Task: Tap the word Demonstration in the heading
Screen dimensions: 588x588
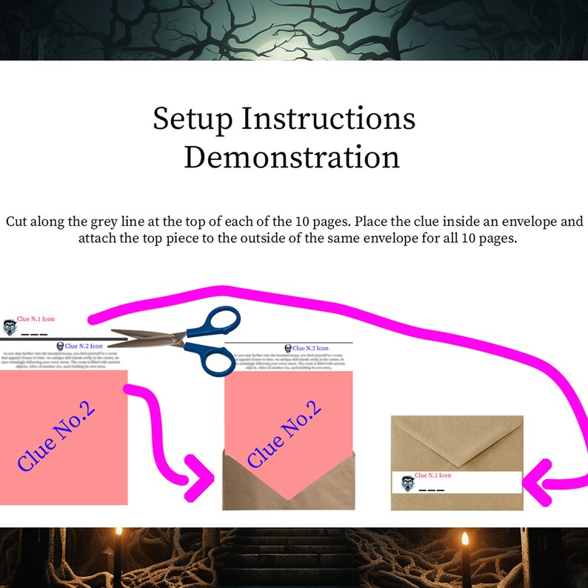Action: click(x=292, y=157)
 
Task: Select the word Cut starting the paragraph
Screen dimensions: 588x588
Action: click(x=16, y=221)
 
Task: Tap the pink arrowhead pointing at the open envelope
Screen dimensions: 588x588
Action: click(x=198, y=478)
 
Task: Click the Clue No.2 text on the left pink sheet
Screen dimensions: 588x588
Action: click(x=58, y=438)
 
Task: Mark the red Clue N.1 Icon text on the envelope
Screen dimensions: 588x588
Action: click(x=432, y=475)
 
